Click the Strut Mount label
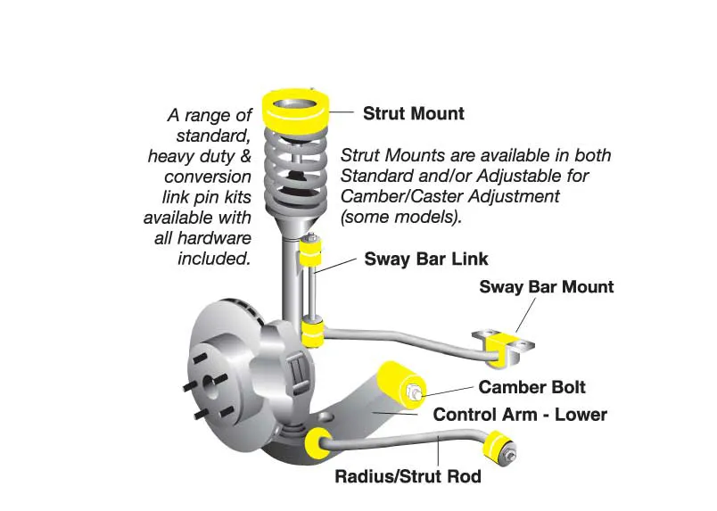coord(413,114)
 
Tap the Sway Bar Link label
coord(426,260)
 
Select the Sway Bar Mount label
coord(546,287)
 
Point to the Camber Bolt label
coord(532,387)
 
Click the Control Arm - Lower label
coord(520,415)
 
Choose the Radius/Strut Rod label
coord(408,476)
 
